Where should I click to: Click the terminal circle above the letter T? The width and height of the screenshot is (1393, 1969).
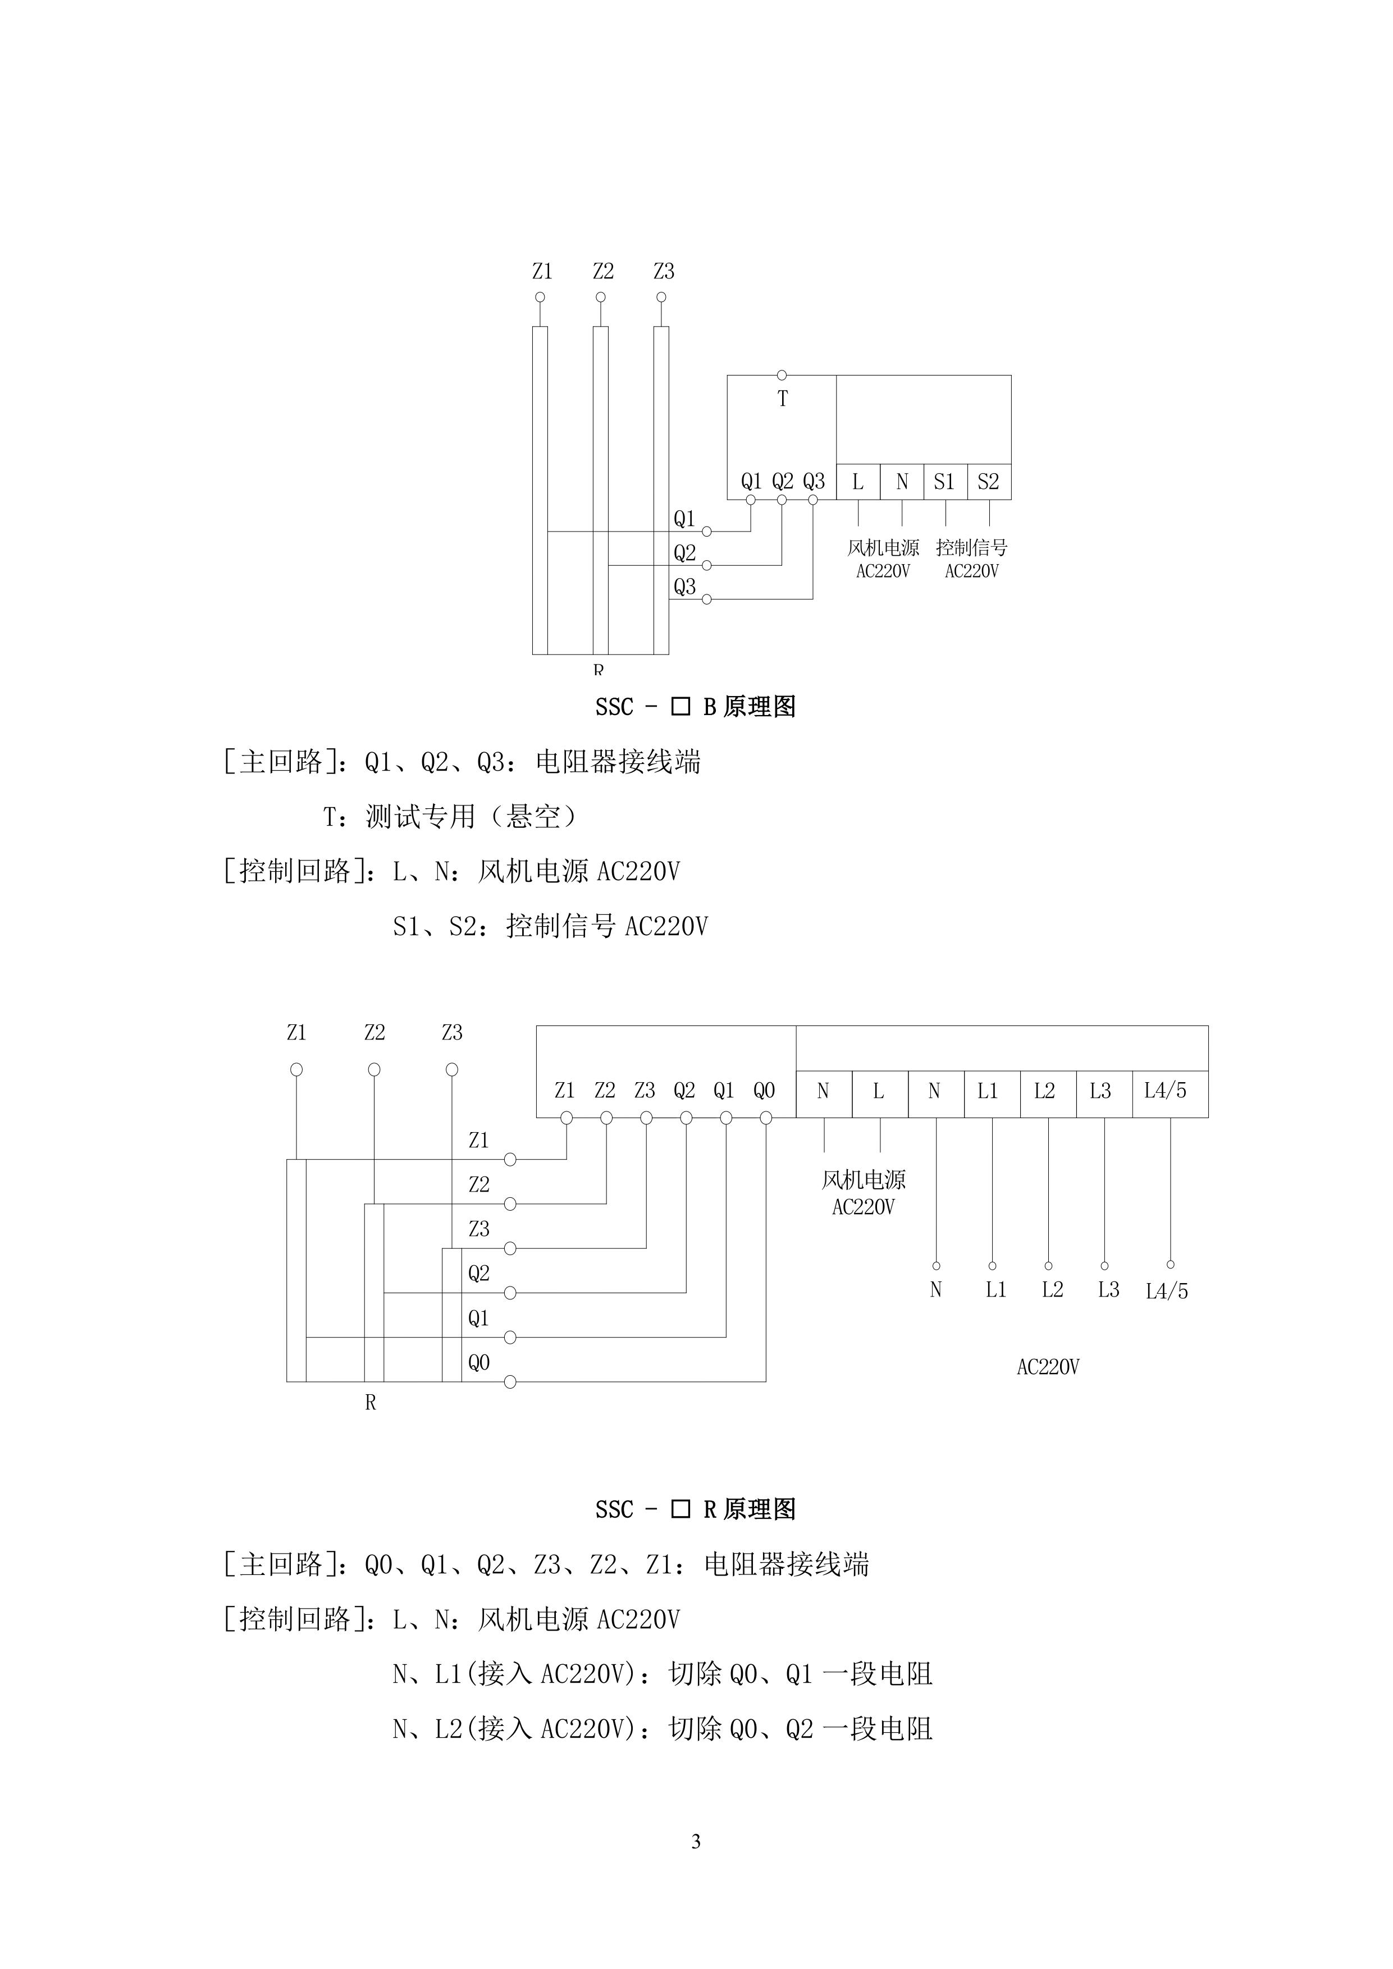[782, 376]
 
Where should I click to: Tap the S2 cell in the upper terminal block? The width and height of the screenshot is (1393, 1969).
[989, 482]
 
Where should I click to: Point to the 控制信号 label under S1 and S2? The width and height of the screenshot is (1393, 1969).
[972, 547]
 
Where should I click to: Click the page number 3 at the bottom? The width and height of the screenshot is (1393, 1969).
[696, 1840]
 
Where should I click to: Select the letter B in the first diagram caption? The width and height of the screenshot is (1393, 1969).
[709, 707]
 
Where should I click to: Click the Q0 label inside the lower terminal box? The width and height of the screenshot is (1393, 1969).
[764, 1091]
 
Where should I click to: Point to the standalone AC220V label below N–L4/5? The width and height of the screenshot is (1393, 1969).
[1048, 1367]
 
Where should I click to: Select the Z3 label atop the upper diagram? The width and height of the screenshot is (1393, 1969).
[664, 271]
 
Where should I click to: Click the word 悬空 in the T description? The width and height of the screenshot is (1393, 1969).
[533, 817]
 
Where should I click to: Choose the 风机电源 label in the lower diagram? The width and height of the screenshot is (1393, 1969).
[864, 1180]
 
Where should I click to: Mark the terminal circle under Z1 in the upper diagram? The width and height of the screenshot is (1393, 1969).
[540, 297]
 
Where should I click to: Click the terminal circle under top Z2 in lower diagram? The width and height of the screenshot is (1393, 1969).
[374, 1069]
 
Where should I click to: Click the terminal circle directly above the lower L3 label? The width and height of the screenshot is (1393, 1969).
[1105, 1266]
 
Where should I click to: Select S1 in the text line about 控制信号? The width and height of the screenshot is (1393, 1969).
[407, 926]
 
